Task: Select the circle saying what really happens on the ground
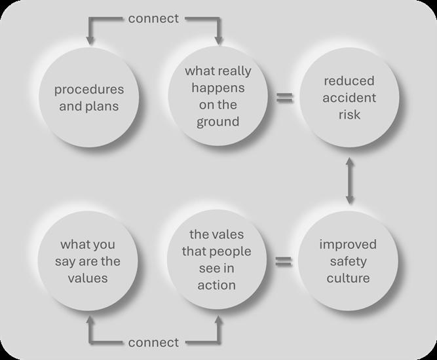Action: click(218, 97)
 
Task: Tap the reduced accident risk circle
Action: click(349, 97)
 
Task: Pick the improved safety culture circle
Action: click(349, 261)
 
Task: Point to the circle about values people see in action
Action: click(218, 261)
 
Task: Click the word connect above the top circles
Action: click(153, 18)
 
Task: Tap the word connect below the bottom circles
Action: click(153, 342)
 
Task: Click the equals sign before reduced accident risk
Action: click(283, 98)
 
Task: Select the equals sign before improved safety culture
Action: click(283, 262)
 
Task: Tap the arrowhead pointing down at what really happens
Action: click(218, 41)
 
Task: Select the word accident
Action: click(349, 98)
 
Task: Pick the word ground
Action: click(218, 122)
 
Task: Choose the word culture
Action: click(349, 278)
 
